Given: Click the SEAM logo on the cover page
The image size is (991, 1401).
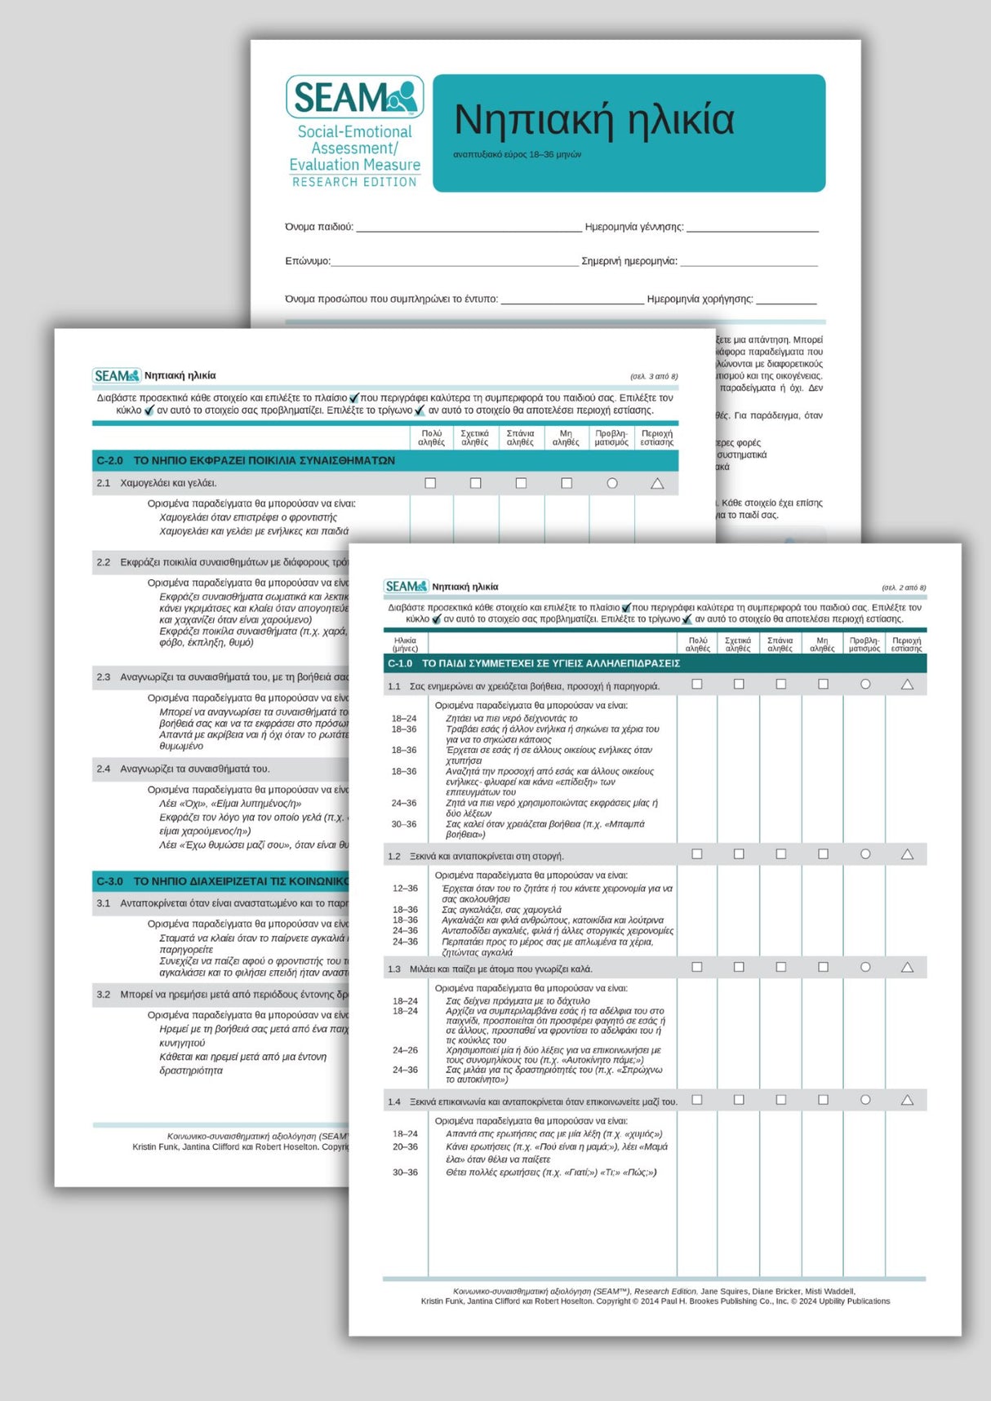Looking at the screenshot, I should point(354,97).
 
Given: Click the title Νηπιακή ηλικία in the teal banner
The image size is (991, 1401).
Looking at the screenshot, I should point(593,119).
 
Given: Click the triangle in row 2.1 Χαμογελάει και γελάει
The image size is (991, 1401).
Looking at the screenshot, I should point(657,484).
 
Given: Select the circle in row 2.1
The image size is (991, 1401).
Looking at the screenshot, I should point(612,484).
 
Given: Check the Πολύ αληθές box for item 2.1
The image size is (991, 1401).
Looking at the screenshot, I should point(430,484).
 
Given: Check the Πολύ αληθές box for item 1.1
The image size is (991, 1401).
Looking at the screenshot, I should point(697,685).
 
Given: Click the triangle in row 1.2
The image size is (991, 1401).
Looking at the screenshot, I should point(907,854).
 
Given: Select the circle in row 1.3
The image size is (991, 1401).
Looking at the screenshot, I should point(865,967).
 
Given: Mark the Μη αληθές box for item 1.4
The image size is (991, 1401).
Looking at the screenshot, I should point(823,1100).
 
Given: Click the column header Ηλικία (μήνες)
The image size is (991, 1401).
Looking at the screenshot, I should point(405,645).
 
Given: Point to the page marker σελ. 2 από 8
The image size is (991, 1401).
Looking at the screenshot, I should point(904,587).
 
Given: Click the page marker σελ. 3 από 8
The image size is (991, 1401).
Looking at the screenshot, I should point(654,377).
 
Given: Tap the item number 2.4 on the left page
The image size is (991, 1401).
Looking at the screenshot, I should point(103,769).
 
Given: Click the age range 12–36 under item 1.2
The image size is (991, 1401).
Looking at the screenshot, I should point(405,889).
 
